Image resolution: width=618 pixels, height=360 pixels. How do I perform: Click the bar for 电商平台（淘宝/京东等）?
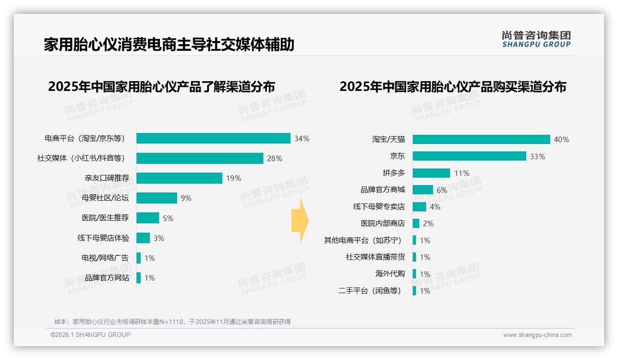click(213, 138)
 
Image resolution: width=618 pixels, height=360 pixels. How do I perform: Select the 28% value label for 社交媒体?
click(274, 158)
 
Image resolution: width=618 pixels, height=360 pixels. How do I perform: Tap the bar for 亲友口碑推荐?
click(179, 178)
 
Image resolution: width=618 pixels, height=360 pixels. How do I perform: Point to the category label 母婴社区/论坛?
click(105, 198)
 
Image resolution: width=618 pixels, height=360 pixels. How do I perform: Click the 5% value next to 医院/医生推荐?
click(168, 218)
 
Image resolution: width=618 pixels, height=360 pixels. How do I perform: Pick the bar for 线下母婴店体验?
click(143, 238)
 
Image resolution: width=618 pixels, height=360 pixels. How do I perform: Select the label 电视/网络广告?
click(105, 258)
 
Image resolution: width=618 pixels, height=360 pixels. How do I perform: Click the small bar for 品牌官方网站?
click(138, 278)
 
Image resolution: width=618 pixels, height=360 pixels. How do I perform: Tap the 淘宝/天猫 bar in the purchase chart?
click(481, 139)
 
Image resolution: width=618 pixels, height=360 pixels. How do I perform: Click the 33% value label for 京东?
click(537, 156)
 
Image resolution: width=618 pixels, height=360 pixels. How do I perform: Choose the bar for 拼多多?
click(431, 173)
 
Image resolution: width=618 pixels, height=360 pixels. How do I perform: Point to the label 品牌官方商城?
click(382, 190)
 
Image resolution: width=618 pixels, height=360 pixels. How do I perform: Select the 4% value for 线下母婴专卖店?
click(434, 207)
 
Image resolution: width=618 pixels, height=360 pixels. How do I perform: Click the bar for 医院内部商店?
click(416, 223)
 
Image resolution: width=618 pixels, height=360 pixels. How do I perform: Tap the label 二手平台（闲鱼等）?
click(369, 291)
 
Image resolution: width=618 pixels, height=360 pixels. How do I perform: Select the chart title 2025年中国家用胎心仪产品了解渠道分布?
click(161, 87)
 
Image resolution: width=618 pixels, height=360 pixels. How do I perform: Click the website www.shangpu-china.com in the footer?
click(537, 335)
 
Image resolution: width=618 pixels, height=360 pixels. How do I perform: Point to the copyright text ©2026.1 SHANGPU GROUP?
click(90, 335)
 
